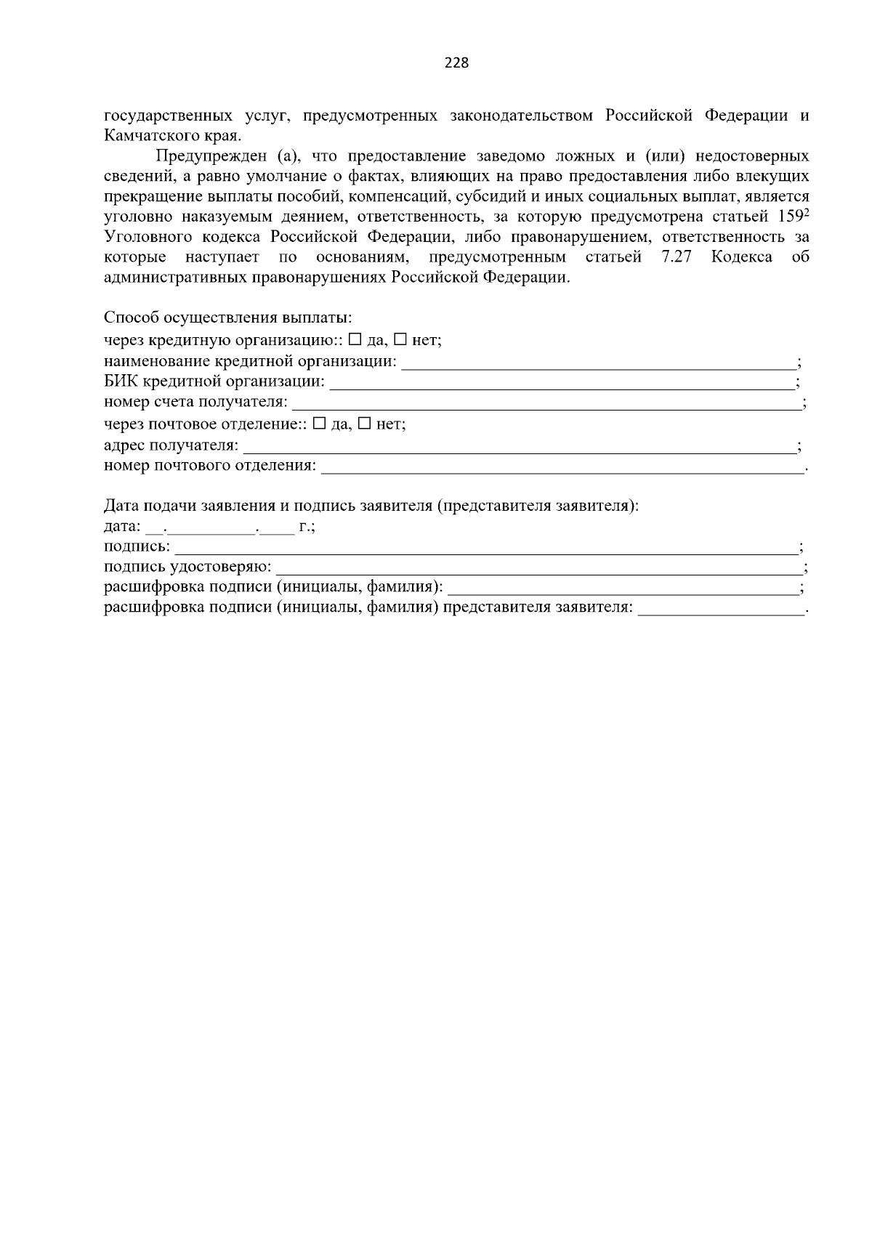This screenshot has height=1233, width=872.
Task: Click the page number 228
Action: [x=456, y=62]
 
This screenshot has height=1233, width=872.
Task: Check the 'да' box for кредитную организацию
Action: [x=355, y=340]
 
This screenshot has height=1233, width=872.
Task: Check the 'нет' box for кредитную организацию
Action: [x=400, y=340]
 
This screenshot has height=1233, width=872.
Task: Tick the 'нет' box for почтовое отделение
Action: [x=364, y=424]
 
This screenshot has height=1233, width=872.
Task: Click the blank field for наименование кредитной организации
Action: [x=599, y=363]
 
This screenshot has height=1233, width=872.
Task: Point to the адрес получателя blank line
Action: [x=519, y=446]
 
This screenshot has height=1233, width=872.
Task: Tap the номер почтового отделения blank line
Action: [x=562, y=466]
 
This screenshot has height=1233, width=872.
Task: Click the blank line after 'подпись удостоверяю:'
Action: [x=539, y=567]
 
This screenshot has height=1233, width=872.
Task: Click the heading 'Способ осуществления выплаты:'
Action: [x=227, y=318]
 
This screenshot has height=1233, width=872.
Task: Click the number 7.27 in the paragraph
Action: [x=677, y=257]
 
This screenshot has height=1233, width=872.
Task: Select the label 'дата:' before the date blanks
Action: [x=123, y=526]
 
